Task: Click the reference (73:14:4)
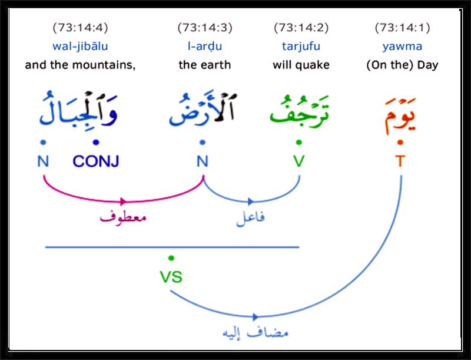point(80,28)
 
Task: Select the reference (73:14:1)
point(402,28)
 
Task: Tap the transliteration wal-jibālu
point(80,47)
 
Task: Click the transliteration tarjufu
point(301,47)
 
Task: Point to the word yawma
point(402,47)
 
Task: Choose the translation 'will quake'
point(301,65)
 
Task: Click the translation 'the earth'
point(204,65)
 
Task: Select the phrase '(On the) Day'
point(402,65)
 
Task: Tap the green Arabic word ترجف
point(300,111)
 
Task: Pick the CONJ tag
point(96,161)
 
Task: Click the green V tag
point(299,161)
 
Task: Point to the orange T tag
point(400,161)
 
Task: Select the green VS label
point(171,277)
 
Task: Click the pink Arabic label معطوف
point(123,216)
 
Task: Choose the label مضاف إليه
point(256,333)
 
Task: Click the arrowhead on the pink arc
point(123,202)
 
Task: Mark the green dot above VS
point(171,258)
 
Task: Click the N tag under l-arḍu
point(202,161)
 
